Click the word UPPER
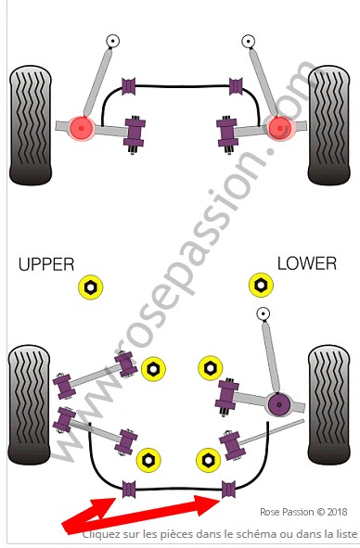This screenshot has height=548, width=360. (x=46, y=264)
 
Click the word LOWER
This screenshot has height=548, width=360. (x=307, y=263)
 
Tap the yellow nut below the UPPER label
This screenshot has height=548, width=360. (x=91, y=287)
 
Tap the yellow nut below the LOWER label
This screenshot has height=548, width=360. (x=261, y=286)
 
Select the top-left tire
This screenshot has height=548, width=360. (x=31, y=125)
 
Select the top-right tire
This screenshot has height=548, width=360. (x=328, y=125)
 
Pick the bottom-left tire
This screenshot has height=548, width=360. (x=29, y=404)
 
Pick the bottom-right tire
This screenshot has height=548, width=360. (x=328, y=404)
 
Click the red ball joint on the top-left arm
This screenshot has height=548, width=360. (x=81, y=128)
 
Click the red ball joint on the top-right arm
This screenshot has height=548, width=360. (x=280, y=128)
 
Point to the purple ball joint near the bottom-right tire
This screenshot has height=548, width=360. (x=279, y=404)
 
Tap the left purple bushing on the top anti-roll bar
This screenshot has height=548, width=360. (x=129, y=86)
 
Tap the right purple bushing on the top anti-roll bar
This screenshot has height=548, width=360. (x=236, y=86)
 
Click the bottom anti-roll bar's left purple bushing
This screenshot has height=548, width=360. (x=129, y=490)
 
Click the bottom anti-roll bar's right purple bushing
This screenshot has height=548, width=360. (x=228, y=490)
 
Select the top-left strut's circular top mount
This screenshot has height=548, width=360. (x=112, y=41)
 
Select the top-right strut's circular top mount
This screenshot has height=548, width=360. (x=248, y=41)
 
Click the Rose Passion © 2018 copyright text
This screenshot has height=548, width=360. (x=303, y=512)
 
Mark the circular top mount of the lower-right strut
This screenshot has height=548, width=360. (x=263, y=313)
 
